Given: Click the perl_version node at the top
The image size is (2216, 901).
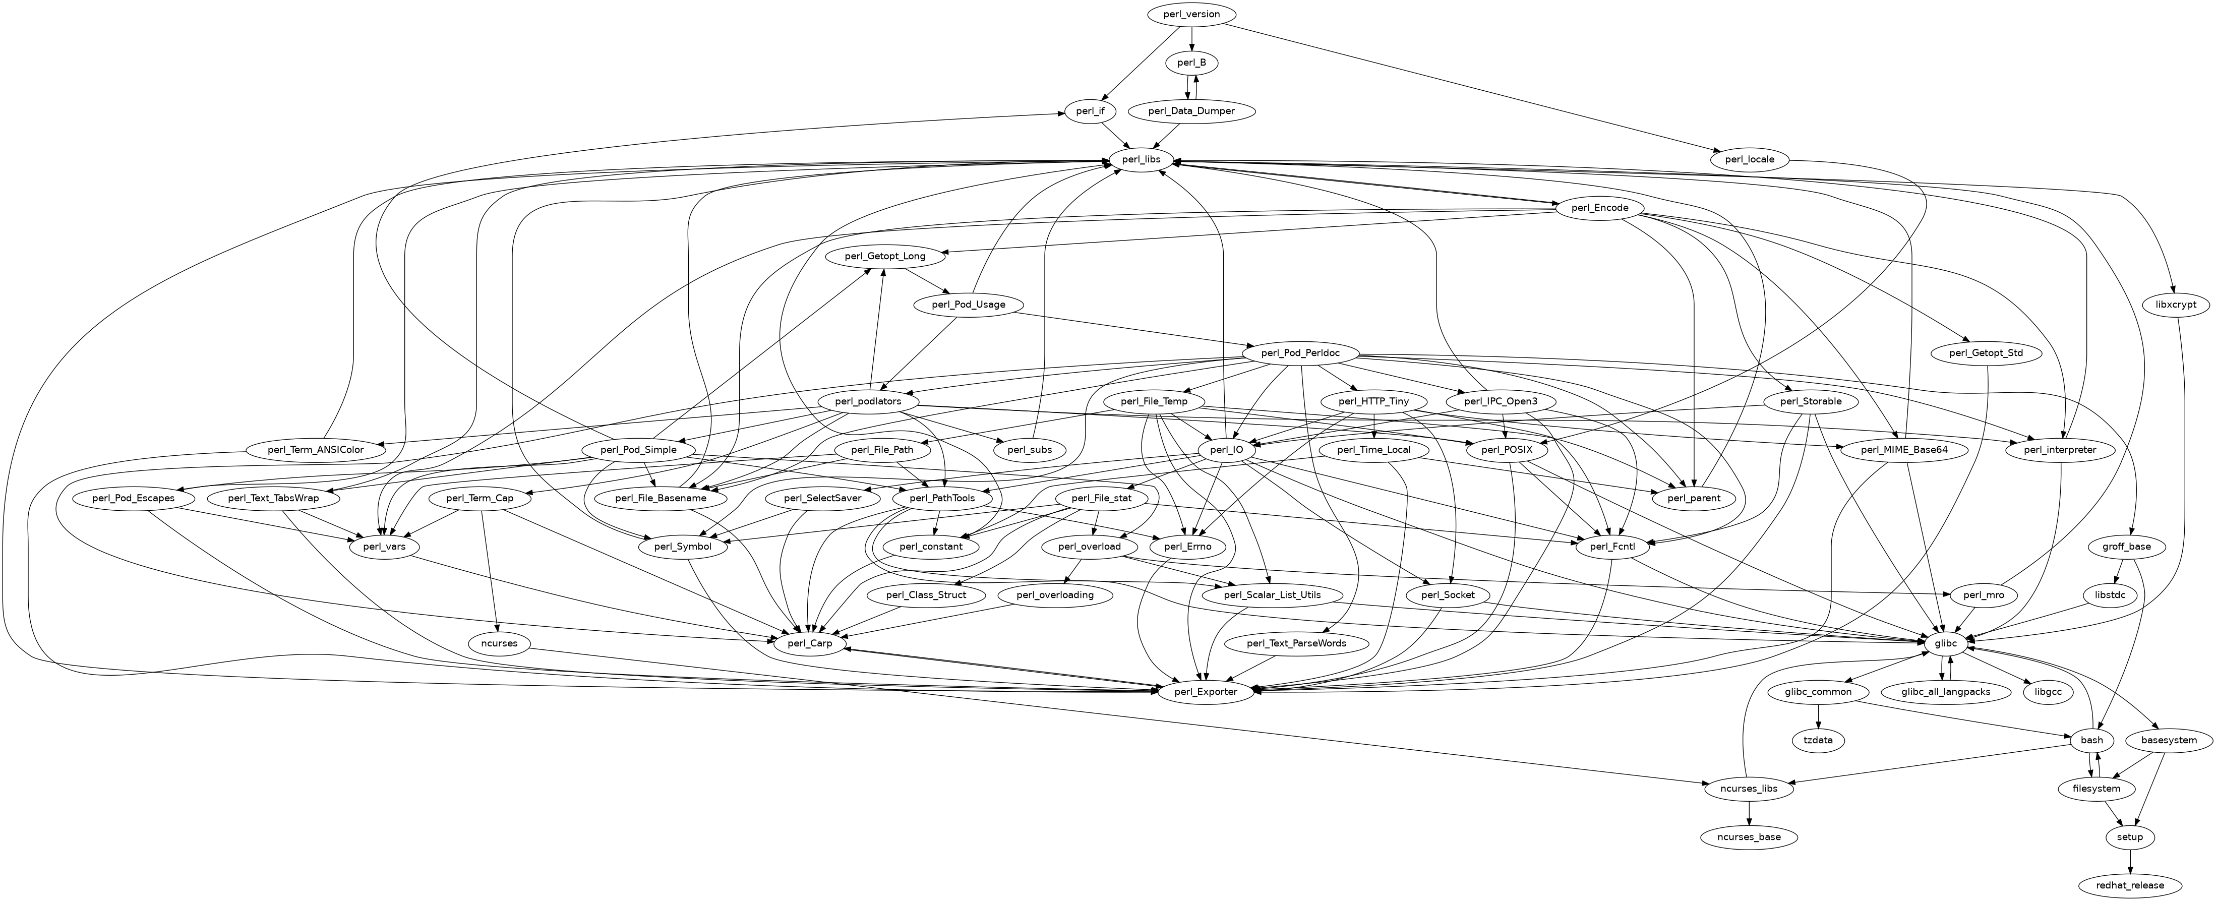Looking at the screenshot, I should [x=1191, y=15].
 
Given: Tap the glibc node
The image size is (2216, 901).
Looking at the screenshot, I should [x=1945, y=644].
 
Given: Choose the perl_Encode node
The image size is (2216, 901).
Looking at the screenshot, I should [x=1600, y=208].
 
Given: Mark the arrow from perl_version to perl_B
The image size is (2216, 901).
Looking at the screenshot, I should [x=1191, y=39].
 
